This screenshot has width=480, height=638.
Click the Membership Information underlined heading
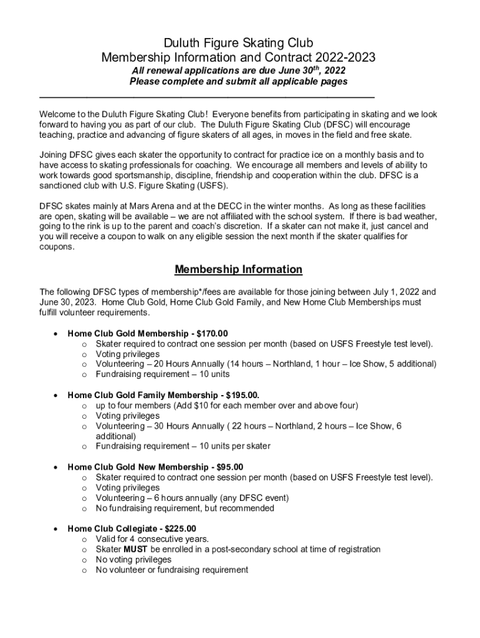(x=238, y=270)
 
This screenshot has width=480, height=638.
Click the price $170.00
(x=212, y=333)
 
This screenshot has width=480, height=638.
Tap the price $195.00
(x=238, y=395)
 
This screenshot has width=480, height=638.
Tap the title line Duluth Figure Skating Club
(x=238, y=44)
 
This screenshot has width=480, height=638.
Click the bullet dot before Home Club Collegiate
(x=57, y=529)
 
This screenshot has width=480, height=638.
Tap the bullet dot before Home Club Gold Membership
(x=57, y=333)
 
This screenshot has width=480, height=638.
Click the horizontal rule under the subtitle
(x=207, y=97)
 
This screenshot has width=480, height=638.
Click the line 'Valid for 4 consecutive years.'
(x=152, y=539)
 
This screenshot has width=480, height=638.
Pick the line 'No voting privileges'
(x=133, y=559)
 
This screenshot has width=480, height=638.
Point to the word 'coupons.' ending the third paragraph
(x=56, y=247)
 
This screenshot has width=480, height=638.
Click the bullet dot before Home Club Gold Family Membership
(x=57, y=395)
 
